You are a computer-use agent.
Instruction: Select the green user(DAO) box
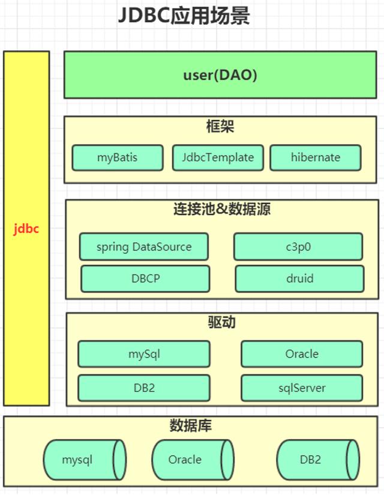pyautogui.click(x=220, y=75)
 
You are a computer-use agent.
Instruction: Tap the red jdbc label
pyautogui.click(x=26, y=229)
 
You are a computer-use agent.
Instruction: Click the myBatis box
pyautogui.click(x=118, y=158)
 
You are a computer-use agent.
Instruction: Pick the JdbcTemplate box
pyautogui.click(x=218, y=158)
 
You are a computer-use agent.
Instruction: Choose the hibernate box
pyautogui.click(x=316, y=158)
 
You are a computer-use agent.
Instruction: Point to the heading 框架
pyautogui.click(x=220, y=127)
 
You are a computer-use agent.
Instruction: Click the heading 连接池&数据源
pyautogui.click(x=222, y=209)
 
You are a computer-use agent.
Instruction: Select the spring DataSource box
pyautogui.click(x=144, y=247)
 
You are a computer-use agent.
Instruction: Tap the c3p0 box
pyautogui.click(x=298, y=247)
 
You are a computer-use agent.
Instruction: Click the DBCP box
pyautogui.click(x=145, y=278)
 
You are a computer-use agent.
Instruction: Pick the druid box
pyautogui.click(x=299, y=278)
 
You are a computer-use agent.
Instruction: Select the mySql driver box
pyautogui.click(x=144, y=354)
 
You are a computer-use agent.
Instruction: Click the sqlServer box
pyautogui.click(x=302, y=388)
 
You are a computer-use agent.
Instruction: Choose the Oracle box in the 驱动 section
pyautogui.click(x=302, y=354)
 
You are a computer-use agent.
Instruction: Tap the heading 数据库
pyautogui.click(x=190, y=426)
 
